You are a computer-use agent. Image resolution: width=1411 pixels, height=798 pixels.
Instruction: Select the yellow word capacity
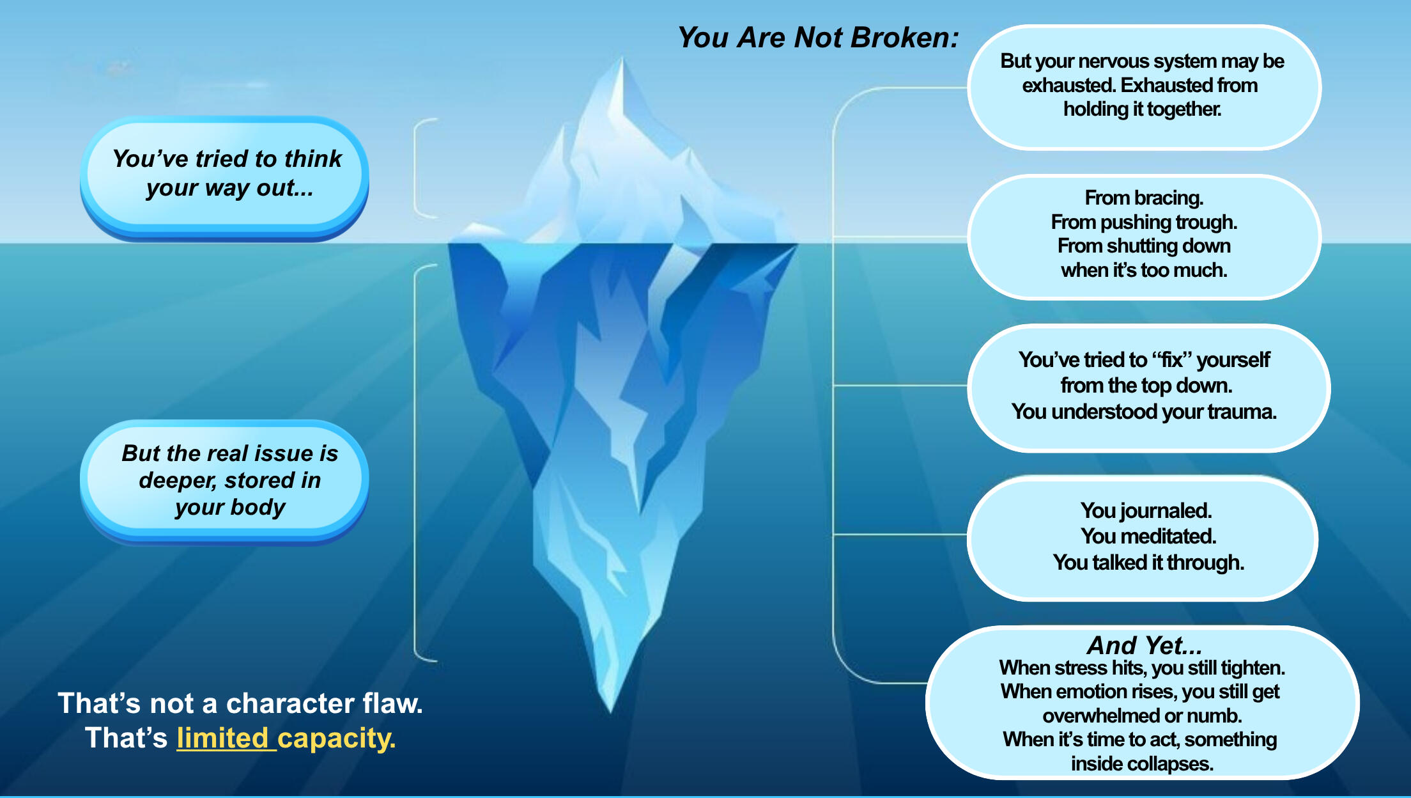click(336, 739)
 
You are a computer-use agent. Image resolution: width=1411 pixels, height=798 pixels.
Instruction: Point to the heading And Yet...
click(1144, 645)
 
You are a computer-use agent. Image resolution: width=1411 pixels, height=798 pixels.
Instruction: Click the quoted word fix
click(1171, 360)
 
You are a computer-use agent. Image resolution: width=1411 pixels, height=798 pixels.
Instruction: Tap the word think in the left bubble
click(313, 159)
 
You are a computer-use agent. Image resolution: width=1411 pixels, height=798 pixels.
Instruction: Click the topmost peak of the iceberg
click(622, 59)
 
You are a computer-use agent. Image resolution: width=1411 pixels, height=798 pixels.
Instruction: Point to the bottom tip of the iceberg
click(610, 710)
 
